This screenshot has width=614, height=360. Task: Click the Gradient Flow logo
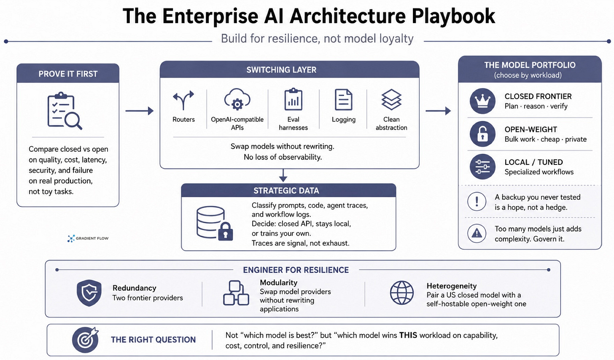tap(88, 238)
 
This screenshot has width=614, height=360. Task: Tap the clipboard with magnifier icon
tap(65, 111)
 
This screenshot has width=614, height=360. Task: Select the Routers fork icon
tap(183, 100)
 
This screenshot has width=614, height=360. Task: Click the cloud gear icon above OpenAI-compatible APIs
tap(237, 99)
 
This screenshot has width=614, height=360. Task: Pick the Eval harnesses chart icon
tap(294, 99)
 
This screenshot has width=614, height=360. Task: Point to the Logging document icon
tap(343, 99)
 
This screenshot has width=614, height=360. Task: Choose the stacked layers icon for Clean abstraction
tap(391, 99)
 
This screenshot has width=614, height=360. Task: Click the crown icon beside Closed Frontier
tap(482, 101)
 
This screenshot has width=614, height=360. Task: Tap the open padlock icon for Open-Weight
tap(482, 134)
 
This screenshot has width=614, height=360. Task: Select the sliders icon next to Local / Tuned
tap(482, 167)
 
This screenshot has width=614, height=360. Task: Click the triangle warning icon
tap(477, 234)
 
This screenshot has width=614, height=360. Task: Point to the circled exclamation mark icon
tap(477, 201)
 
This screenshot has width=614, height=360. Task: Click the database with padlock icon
tap(215, 223)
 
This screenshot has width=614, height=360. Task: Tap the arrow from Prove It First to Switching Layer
tap(139, 111)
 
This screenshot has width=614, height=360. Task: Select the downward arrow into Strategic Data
tap(283, 175)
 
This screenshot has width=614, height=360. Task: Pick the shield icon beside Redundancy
tap(89, 293)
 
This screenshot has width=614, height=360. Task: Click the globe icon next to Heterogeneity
tap(401, 293)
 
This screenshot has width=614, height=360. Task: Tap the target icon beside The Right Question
tap(85, 340)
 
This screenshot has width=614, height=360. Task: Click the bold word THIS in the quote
tap(408, 336)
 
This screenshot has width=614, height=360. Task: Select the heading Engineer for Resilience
tap(296, 270)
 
